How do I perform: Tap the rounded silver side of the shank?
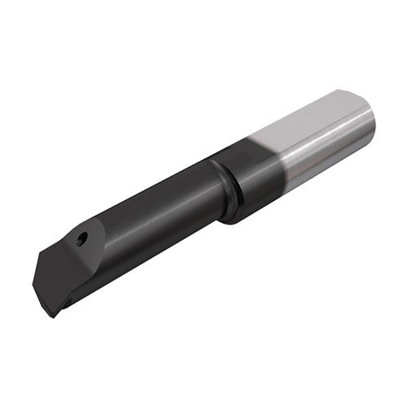point(326,155)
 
